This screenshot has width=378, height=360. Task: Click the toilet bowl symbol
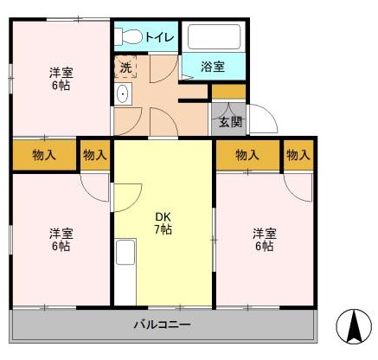pyautogui.click(x=128, y=36)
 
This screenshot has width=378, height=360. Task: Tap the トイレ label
pyautogui.click(x=159, y=37)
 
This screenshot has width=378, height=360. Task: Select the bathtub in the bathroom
pyautogui.click(x=214, y=36)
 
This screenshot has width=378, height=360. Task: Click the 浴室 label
pyautogui.click(x=213, y=67)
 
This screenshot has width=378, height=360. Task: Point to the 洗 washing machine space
pyautogui.click(x=125, y=67)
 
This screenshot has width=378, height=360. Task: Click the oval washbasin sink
pyautogui.click(x=123, y=93)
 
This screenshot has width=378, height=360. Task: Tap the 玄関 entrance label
pyautogui.click(x=230, y=123)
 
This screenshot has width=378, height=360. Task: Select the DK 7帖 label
pyautogui.click(x=163, y=223)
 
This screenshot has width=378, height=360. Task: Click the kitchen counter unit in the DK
pyautogui.click(x=125, y=272)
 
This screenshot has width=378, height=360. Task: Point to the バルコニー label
pyautogui.click(x=163, y=325)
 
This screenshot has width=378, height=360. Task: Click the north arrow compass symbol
pyautogui.click(x=354, y=326)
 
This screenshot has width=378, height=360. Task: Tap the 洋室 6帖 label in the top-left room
pyautogui.click(x=61, y=79)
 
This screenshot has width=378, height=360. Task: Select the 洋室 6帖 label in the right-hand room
pyautogui.click(x=265, y=239)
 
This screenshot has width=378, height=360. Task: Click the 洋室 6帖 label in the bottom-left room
pyautogui.click(x=61, y=239)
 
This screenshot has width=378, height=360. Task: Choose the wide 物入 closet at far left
pyautogui.click(x=44, y=155)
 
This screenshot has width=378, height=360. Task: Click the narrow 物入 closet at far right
pyautogui.click(x=298, y=155)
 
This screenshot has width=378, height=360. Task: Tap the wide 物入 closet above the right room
pyautogui.click(x=248, y=155)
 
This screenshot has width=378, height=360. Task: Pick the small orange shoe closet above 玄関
pyautogui.click(x=228, y=92)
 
